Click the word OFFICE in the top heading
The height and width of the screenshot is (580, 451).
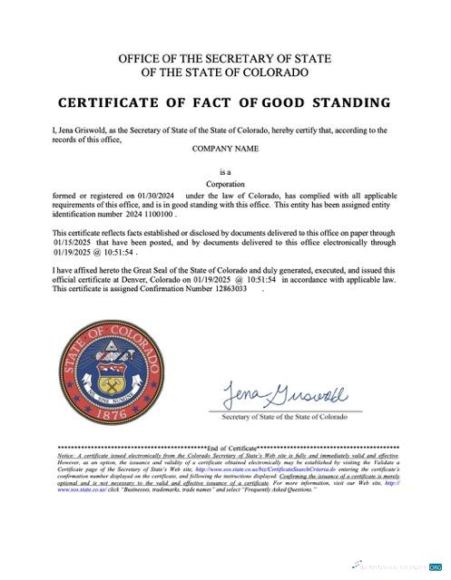(x=143, y=59)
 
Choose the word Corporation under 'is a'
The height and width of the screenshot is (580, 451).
(x=226, y=182)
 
